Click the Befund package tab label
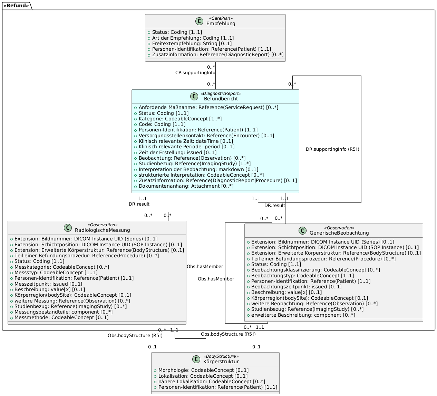pos(16,6)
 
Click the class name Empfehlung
pos(221,23)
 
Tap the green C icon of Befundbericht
pos(194,96)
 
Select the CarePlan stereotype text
pos(221,18)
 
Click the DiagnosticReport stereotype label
pos(221,93)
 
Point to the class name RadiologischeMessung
pos(103,230)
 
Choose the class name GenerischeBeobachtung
pos(339,233)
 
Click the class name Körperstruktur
pos(221,362)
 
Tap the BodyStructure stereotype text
pos(221,356)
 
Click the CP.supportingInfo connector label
pos(195,73)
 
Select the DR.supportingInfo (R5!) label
pos(332,149)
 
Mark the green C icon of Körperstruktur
pos(196,359)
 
